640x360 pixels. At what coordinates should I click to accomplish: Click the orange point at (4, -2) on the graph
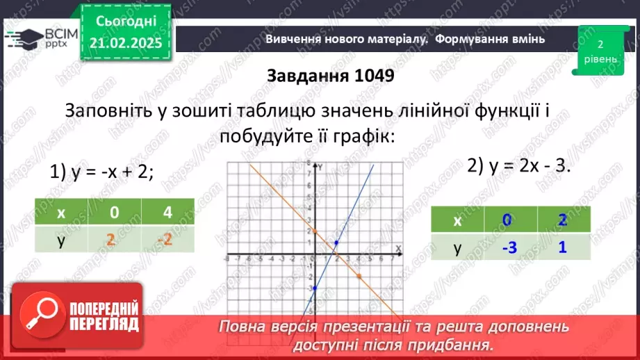click(x=359, y=276)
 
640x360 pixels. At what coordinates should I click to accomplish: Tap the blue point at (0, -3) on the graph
click(x=314, y=288)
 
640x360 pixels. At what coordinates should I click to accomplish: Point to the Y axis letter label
click(x=320, y=166)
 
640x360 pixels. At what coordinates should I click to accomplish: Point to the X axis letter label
click(x=398, y=248)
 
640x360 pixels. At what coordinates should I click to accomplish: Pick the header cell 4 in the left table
click(x=167, y=213)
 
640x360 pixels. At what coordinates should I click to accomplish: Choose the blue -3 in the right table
click(x=507, y=247)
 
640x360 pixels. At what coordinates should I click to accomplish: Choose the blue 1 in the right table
click(x=562, y=247)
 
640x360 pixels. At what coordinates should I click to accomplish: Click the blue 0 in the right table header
click(x=507, y=221)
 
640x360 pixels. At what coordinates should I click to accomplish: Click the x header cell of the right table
click(x=457, y=221)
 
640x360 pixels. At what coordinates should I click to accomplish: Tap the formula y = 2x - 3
click(x=519, y=165)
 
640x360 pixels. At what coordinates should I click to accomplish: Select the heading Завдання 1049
click(x=331, y=76)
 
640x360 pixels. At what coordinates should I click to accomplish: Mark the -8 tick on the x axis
click(x=227, y=257)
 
